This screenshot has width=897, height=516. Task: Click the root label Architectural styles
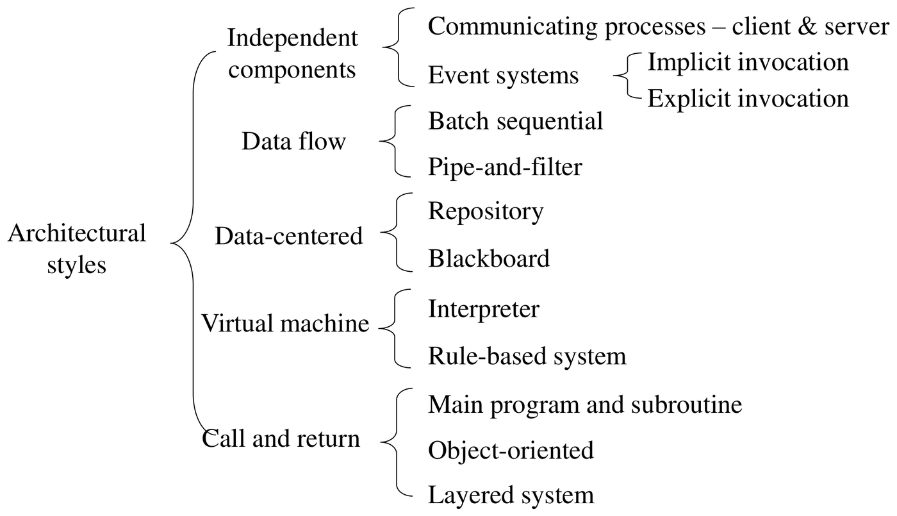pos(77,249)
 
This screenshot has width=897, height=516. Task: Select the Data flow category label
pos(293,142)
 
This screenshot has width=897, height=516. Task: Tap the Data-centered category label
pos(289,236)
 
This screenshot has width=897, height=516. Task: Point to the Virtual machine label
pos(284,323)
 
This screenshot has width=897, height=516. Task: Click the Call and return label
pos(281,438)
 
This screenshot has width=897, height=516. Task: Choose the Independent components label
pos(292,54)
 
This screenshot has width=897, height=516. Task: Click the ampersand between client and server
pos(807,26)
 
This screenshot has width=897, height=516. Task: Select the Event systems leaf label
pos(504,76)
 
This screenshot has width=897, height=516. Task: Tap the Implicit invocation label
pos(748,63)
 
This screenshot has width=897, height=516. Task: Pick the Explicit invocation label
pos(748,99)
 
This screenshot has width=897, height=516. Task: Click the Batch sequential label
pos(515,121)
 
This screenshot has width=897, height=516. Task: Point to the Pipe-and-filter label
pos(505,167)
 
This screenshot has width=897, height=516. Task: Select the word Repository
pos(486,212)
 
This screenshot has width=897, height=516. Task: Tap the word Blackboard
pos(489,258)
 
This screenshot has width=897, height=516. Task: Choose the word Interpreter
pos(484,310)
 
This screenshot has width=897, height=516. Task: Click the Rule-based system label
pos(527,356)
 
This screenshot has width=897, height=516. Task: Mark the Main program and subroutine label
pos(585,405)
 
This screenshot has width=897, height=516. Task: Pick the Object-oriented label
pos(511,451)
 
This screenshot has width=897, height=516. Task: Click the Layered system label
pos(511,495)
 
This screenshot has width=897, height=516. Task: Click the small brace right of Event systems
pos(627,76)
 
